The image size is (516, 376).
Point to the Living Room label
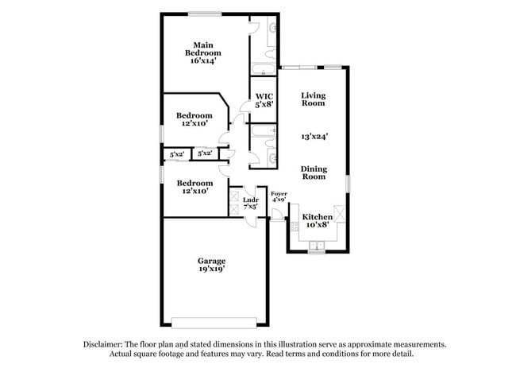313,99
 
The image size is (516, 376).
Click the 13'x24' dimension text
314,136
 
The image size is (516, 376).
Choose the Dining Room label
314,172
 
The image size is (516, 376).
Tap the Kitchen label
317,216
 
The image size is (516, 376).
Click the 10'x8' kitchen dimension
317,225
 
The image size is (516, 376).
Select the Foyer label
279,194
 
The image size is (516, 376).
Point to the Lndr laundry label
250,200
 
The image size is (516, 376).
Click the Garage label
211,261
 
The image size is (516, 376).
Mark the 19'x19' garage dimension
211,269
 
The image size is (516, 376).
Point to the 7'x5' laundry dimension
250,207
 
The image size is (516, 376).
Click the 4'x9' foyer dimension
279,200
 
